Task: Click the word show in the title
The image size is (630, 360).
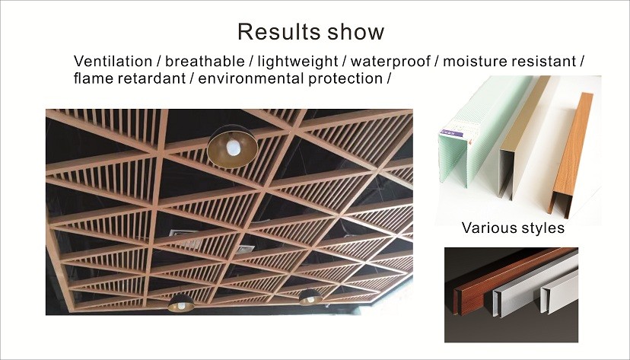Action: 356,31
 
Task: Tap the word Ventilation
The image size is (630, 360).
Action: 113,61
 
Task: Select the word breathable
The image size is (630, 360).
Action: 205,61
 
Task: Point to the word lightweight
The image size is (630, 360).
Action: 297,62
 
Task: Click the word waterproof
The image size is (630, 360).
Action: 390,62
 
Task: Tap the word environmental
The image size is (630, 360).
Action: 251,78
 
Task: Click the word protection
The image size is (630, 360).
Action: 345,78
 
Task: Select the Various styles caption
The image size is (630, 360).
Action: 513,228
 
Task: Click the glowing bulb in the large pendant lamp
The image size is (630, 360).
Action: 234,147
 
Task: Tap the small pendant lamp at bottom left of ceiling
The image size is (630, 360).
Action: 181,304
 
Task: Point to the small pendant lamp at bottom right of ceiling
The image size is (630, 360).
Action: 310,298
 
